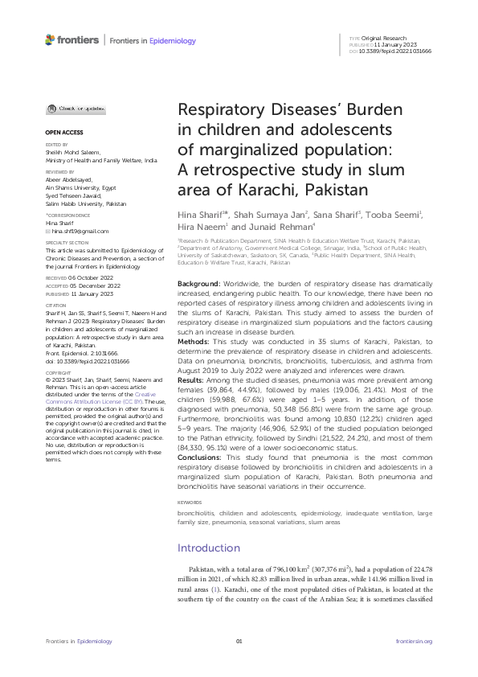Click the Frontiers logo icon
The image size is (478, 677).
pos(51,39)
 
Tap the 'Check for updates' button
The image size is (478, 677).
pos(67,109)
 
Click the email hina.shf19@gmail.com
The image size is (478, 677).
pos(77,231)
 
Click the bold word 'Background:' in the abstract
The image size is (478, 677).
pos(198,264)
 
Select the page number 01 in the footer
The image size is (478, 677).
pos(239,641)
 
